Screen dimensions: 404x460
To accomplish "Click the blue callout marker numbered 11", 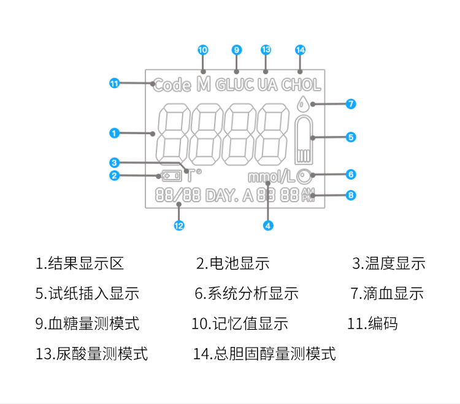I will (x=113, y=84).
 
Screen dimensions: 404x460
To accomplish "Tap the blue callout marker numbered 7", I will (x=350, y=104).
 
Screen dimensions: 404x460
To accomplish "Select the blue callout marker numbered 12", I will (x=178, y=225).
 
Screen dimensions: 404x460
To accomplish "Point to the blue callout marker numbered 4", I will (x=267, y=225).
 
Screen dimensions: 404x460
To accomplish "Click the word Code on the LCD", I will (x=172, y=85).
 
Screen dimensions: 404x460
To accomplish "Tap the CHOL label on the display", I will (x=301, y=85).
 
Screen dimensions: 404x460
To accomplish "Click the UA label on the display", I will (x=267, y=85).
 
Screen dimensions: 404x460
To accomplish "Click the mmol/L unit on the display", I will (x=272, y=178).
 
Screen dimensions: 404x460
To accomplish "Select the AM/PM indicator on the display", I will (x=308, y=196).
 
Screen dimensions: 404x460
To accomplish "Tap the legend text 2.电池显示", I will (x=232, y=264).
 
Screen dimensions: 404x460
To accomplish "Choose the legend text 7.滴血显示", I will (x=387, y=294).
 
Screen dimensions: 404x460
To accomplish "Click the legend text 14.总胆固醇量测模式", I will (x=264, y=353).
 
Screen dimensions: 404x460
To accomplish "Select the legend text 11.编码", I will (x=372, y=323).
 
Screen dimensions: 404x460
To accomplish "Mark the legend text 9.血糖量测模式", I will (x=87, y=323).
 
